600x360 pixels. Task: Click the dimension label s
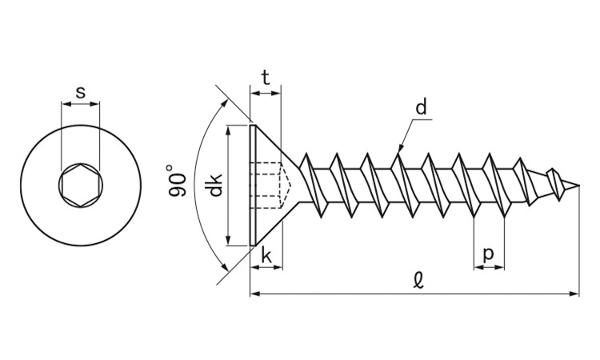[x=80, y=92]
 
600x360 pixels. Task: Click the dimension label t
[x=265, y=78]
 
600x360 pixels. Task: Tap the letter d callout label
[x=422, y=107]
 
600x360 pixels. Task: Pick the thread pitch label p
[x=489, y=254]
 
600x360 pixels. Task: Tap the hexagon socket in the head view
[x=80, y=186]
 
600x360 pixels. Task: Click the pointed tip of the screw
[x=578, y=186]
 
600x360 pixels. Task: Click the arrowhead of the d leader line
[x=400, y=148]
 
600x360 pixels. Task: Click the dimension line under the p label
[x=489, y=266]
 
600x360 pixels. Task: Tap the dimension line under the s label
[x=80, y=103]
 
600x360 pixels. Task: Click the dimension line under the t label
[x=265, y=94]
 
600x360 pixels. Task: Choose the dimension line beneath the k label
[x=266, y=266]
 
